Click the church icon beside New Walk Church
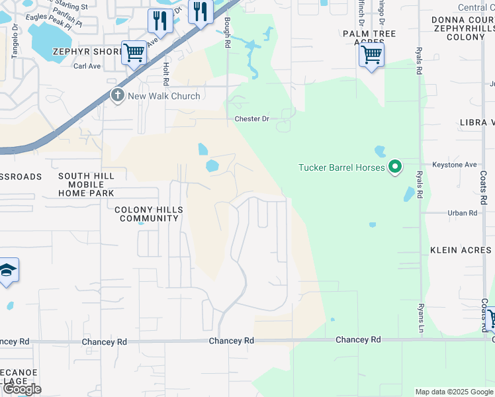click(118, 96)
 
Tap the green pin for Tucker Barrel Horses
click(395, 167)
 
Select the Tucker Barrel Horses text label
click(341, 168)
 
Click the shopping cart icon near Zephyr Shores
click(134, 52)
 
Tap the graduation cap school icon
click(7, 271)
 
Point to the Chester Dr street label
click(252, 119)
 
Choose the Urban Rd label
click(462, 213)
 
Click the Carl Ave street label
click(87, 66)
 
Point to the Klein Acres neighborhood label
click(461, 250)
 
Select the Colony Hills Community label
click(148, 214)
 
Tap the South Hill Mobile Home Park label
click(86, 185)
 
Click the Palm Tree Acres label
click(369, 38)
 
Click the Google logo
click(22, 389)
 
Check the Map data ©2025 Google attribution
click(454, 392)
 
